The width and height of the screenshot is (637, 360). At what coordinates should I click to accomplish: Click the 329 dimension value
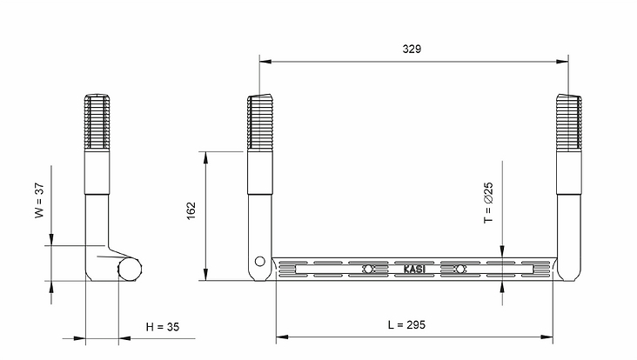tap(412, 49)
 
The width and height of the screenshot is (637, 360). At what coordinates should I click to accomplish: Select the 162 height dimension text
tap(191, 210)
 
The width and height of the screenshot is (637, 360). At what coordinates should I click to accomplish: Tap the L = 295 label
tap(406, 324)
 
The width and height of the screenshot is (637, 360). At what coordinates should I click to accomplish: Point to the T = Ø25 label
tap(488, 202)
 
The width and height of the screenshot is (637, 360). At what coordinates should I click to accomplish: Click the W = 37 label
tap(39, 201)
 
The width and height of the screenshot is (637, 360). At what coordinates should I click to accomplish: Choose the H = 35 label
tap(163, 327)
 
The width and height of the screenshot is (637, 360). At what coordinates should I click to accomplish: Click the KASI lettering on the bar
tap(414, 269)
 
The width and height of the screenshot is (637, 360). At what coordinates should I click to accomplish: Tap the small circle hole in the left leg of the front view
tap(260, 262)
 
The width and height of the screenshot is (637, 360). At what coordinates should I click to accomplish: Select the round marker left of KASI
tap(368, 269)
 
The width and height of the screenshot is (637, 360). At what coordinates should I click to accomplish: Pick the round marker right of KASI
tap(459, 269)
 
